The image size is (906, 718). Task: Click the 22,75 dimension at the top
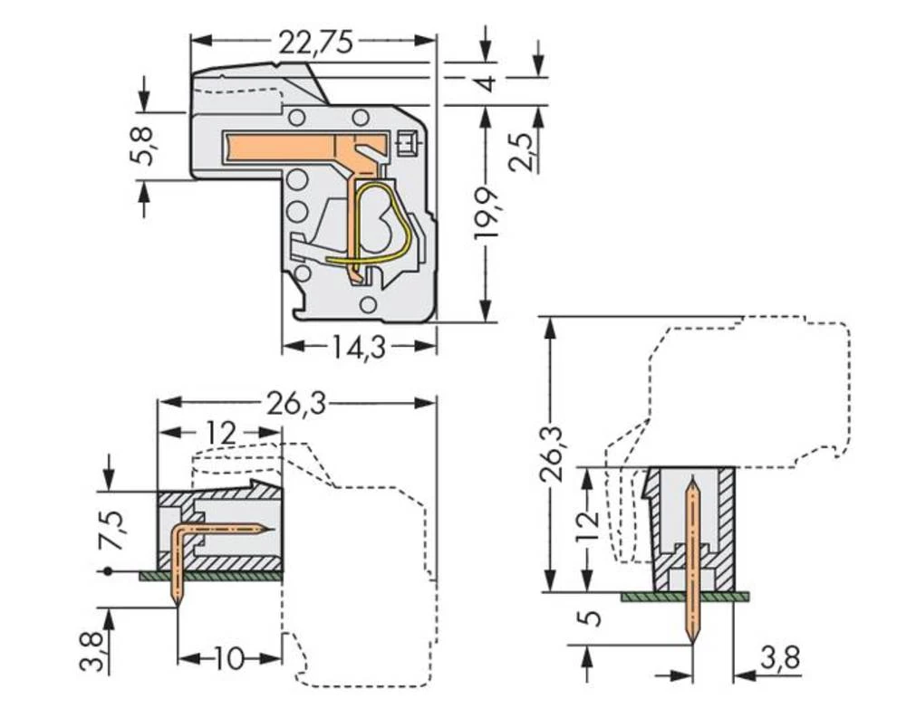[x=315, y=42]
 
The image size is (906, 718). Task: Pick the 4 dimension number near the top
[x=487, y=84]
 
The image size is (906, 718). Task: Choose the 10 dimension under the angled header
[x=230, y=659]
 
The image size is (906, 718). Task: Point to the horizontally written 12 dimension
[x=220, y=433]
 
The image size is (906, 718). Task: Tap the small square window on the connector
[x=407, y=142]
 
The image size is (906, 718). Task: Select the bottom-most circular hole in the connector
[x=367, y=304]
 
